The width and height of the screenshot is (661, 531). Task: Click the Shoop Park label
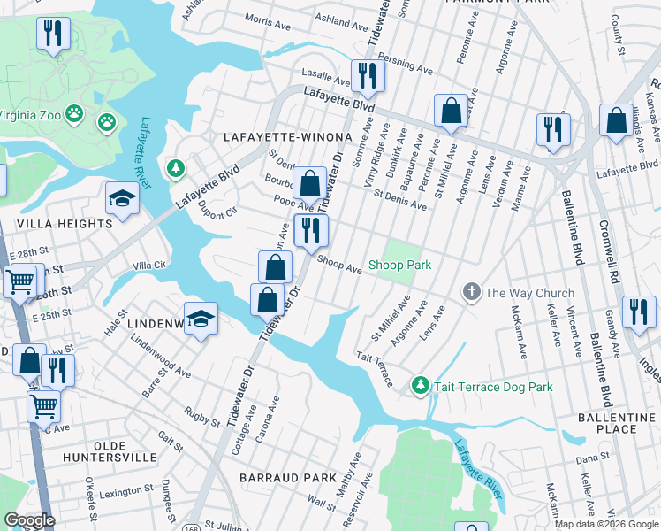399,265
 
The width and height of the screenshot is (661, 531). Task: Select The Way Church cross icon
472,292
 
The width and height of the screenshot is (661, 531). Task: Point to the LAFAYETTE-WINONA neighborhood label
288,137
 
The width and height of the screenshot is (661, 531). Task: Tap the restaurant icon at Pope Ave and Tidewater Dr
311,230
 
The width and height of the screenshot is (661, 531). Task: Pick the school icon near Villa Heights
122,198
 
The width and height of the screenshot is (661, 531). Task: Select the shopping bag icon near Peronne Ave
451,111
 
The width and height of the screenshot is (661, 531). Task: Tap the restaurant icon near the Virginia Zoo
54,34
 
